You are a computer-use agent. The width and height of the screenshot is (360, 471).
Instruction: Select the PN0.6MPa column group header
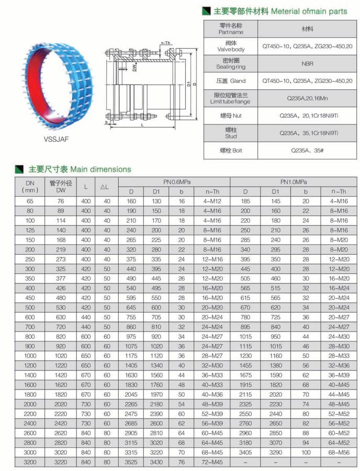(176, 182)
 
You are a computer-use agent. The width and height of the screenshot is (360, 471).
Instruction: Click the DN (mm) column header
(29, 187)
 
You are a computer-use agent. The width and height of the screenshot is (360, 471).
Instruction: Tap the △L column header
(105, 187)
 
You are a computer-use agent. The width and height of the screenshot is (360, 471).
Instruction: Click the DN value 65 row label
(29, 201)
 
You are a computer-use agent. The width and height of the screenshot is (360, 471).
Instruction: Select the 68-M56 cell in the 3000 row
(339, 452)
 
